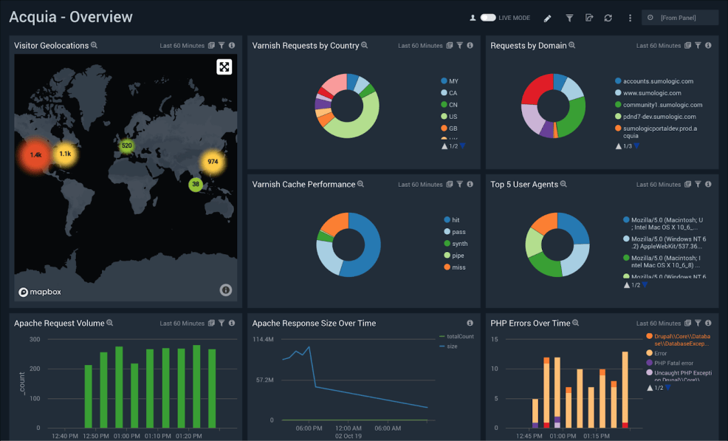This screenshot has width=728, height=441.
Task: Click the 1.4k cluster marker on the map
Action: click(x=35, y=155)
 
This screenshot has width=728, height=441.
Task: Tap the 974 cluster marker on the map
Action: click(x=213, y=162)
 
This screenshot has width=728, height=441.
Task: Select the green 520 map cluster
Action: click(x=127, y=146)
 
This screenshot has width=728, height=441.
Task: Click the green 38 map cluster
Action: click(x=196, y=185)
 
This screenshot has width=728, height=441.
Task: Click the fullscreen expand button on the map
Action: click(x=224, y=67)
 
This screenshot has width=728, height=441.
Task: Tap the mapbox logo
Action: click(x=41, y=292)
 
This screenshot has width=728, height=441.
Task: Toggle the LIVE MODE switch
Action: click(x=487, y=18)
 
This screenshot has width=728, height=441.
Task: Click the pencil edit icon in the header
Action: click(x=547, y=18)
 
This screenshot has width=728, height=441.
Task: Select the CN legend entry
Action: click(x=453, y=105)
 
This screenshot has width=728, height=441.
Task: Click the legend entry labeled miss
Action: click(x=459, y=267)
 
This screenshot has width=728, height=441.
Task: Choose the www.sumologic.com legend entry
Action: click(x=652, y=93)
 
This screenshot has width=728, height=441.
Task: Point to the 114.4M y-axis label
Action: click(x=263, y=340)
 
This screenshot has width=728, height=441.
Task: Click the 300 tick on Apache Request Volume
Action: click(x=34, y=339)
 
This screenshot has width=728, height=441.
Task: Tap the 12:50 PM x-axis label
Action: click(x=96, y=436)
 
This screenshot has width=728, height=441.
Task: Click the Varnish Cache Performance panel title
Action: click(x=303, y=185)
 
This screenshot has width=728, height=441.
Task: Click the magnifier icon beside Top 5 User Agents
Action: click(x=563, y=185)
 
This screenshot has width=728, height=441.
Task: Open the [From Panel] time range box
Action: click(x=679, y=18)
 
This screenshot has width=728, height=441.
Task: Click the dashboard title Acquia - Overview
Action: click(x=71, y=17)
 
